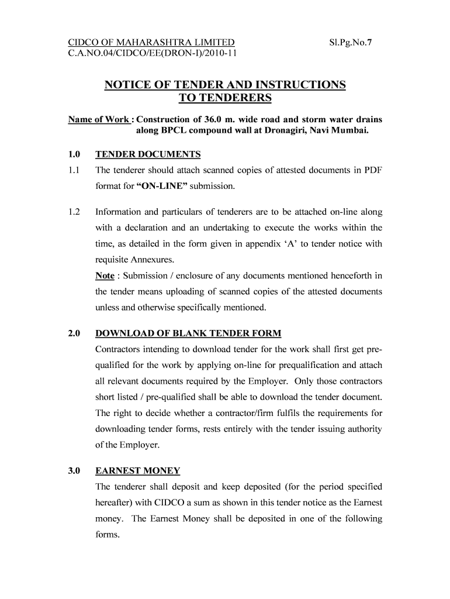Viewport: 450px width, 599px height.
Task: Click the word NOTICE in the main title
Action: (129, 85)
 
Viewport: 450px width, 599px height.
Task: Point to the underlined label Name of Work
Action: (99, 119)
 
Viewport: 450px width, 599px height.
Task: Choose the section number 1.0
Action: (74, 154)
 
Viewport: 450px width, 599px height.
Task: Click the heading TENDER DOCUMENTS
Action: (148, 154)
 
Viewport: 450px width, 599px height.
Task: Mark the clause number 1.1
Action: (74, 170)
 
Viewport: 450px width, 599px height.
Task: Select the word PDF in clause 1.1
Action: (372, 170)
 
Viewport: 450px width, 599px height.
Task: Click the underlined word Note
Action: (105, 276)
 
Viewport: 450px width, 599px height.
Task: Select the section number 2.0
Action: (74, 333)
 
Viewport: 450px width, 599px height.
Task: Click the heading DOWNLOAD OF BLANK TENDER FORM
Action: (188, 333)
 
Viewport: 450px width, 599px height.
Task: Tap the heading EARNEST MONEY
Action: (138, 470)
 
